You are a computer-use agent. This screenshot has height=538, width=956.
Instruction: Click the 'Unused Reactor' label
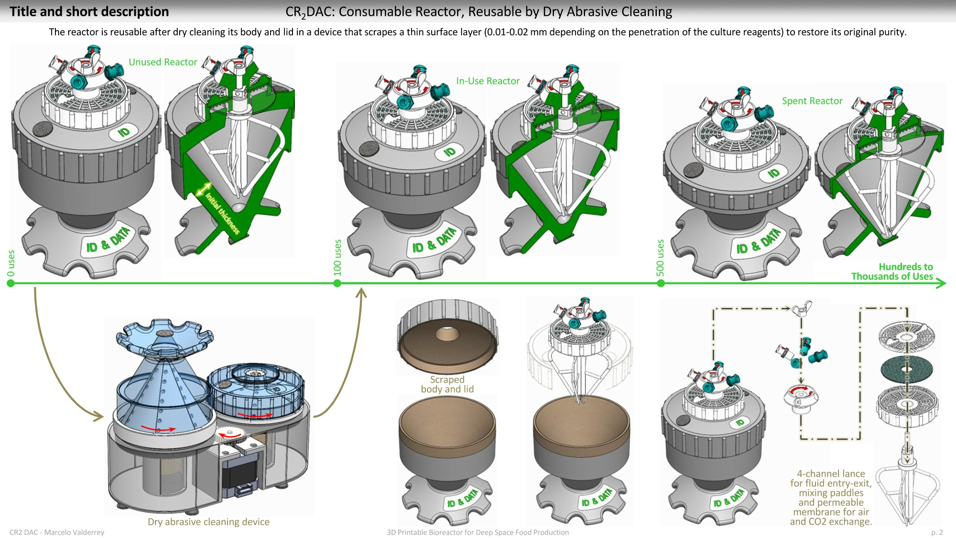click(x=163, y=62)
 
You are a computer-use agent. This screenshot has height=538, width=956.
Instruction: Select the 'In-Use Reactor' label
click(x=488, y=81)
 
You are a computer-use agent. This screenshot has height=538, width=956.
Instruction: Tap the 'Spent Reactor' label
click(x=812, y=101)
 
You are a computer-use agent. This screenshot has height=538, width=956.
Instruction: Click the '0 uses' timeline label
click(x=11, y=263)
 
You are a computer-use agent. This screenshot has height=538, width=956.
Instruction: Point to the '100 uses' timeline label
click(x=337, y=257)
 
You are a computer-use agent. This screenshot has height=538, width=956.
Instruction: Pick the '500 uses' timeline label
click(x=661, y=257)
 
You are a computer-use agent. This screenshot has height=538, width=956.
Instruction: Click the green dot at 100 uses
click(x=337, y=283)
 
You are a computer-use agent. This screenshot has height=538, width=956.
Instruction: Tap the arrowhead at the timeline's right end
click(x=942, y=283)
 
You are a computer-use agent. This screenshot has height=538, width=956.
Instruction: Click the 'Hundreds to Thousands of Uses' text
click(x=892, y=272)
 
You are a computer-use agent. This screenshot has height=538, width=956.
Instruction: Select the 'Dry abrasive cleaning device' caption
click(x=208, y=522)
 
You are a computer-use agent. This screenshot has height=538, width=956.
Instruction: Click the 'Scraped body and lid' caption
click(x=447, y=384)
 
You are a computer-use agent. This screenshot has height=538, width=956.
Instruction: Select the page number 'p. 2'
click(x=937, y=532)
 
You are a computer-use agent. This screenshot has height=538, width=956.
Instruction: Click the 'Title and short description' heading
click(x=89, y=11)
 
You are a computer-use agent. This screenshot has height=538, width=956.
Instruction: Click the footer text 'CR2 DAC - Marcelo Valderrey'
click(x=57, y=532)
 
